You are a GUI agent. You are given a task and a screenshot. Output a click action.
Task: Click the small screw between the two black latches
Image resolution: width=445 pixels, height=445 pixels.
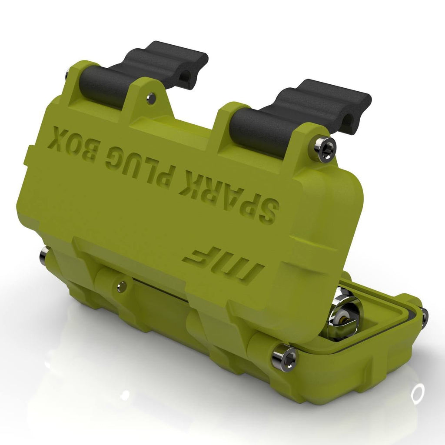(x=150, y=98)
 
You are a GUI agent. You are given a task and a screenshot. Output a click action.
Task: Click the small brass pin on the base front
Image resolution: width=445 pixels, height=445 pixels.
(x=123, y=285)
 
